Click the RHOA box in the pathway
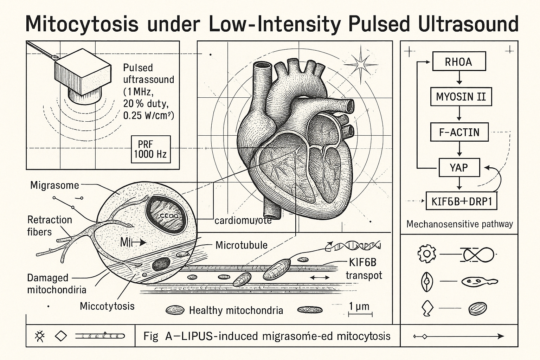[459, 62]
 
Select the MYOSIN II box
[461, 96]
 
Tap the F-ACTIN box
[459, 132]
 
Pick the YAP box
[459, 167]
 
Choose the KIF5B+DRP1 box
[461, 201]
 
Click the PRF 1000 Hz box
[150, 149]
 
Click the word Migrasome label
[54, 185]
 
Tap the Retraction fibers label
[49, 226]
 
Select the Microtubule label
[242, 245]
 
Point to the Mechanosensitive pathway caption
[459, 224]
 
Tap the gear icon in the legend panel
[427, 253]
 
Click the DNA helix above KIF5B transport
[353, 246]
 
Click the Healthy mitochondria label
[236, 310]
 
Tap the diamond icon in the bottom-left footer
[61, 336]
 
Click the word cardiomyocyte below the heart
[243, 220]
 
